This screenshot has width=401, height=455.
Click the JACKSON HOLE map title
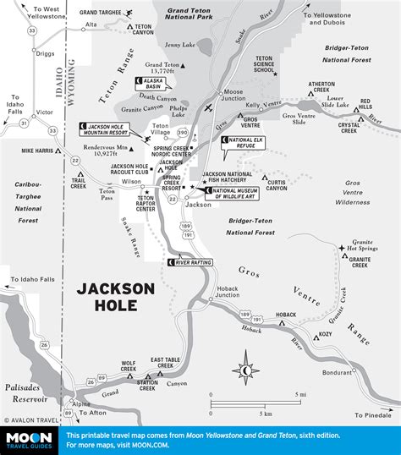coord(116,300)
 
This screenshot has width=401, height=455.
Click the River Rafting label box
coord(190,263)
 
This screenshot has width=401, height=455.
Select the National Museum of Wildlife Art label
coord(239,193)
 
